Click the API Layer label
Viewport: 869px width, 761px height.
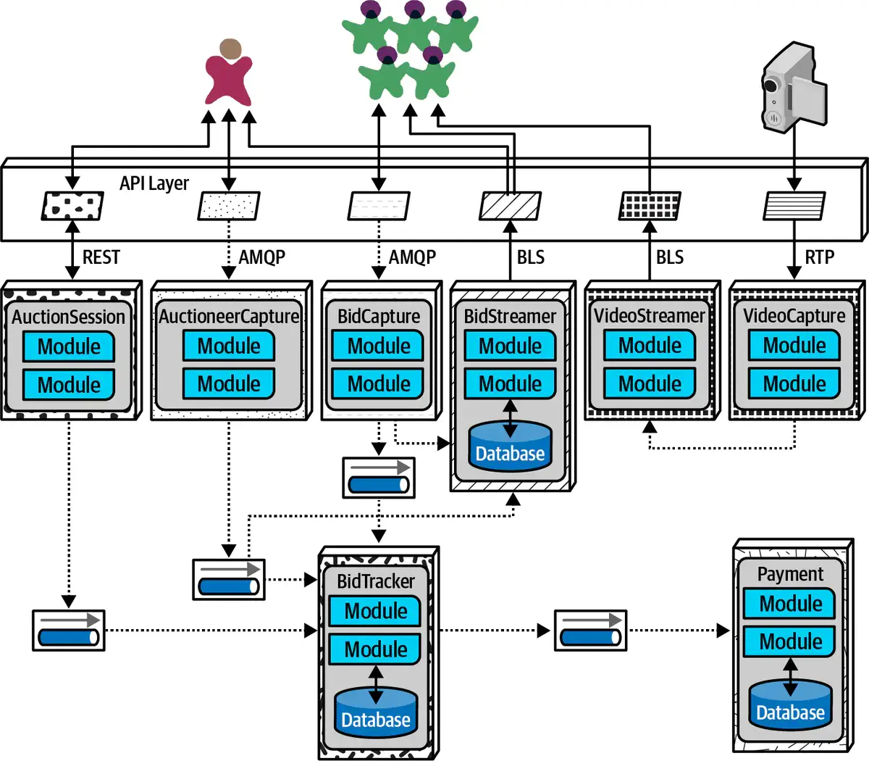coord(154,183)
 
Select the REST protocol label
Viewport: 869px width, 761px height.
coord(101,257)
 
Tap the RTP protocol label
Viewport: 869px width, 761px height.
coord(819,257)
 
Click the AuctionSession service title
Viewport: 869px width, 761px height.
coord(69,317)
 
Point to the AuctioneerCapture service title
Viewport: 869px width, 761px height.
coord(229,316)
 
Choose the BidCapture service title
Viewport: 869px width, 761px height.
coord(379,316)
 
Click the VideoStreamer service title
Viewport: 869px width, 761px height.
coord(650,316)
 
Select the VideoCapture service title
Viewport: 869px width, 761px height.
coord(794,316)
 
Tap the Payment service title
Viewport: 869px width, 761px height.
coord(790,574)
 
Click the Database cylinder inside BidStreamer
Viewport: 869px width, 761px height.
coord(510,446)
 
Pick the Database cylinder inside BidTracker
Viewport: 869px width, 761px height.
coord(376,712)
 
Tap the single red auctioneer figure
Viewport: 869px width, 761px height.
coord(229,72)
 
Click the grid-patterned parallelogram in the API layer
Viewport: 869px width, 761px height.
coord(650,206)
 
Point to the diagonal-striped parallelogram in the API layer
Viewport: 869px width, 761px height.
coord(510,206)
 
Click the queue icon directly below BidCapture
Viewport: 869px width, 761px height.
coord(379,478)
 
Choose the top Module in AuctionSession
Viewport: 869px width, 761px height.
coord(69,346)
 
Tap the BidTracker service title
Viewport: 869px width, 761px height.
coord(376,581)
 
